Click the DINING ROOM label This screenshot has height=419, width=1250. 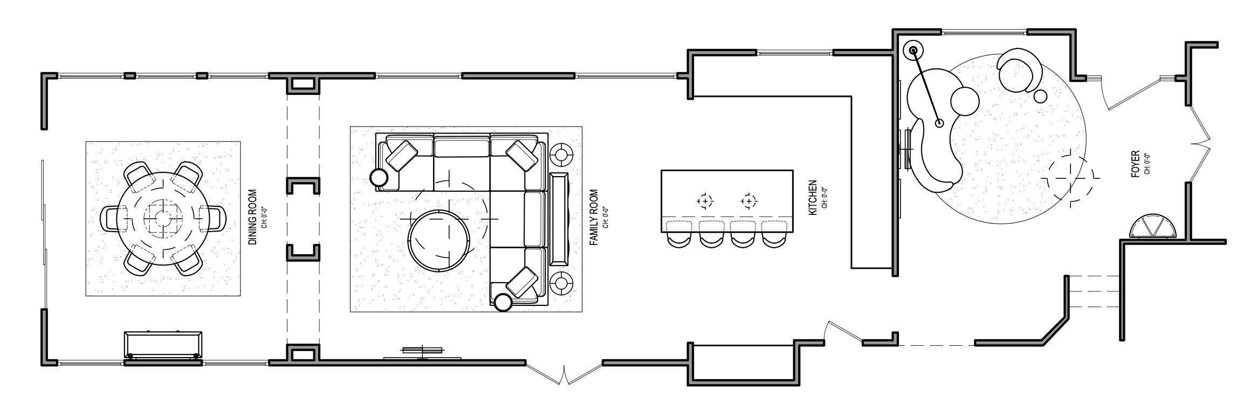point(252,217)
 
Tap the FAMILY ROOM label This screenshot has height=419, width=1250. point(594,217)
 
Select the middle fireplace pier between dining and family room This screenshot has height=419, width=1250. point(303,186)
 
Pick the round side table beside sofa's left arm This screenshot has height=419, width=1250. point(379,177)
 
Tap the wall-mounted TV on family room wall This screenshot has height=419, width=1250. point(422,351)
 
